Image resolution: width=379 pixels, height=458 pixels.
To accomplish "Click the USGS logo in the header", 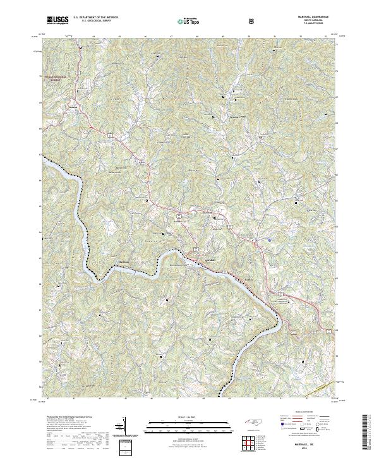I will (x=57, y=20).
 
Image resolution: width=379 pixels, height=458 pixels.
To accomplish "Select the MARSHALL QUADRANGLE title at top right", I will (x=309, y=17).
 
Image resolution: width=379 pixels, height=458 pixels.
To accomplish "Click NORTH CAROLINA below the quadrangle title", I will (x=309, y=21).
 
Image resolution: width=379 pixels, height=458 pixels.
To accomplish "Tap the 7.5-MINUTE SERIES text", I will (x=309, y=24).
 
